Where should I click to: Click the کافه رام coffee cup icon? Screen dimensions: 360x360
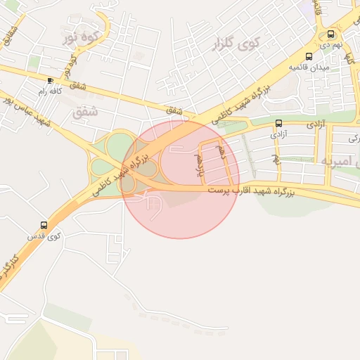click(50, 80)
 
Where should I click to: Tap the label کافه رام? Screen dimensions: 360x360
click(50, 91)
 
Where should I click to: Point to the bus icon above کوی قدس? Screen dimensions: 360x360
click(44, 226)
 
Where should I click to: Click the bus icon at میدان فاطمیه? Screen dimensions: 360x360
click(309, 57)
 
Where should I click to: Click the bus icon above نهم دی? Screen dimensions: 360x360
click(331, 34)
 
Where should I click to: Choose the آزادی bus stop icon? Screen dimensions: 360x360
click(279, 122)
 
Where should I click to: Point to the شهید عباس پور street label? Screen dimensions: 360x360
click(27, 113)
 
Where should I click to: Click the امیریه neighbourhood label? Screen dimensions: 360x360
click(340, 161)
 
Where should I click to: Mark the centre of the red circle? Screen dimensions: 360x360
click(181, 179)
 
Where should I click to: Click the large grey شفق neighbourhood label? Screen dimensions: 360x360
click(85, 111)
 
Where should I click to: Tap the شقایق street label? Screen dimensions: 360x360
click(8, 34)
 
